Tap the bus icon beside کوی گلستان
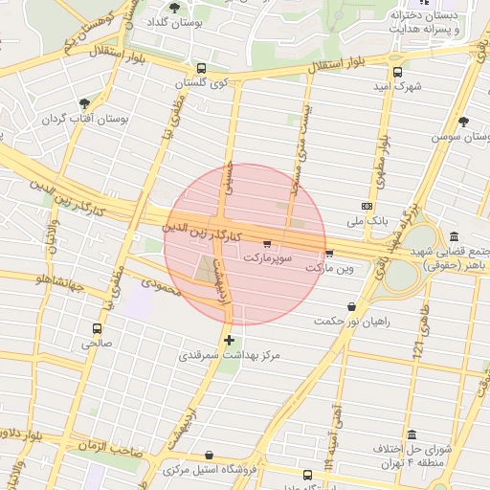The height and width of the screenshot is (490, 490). (201, 69)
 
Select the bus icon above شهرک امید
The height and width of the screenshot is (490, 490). (397, 71)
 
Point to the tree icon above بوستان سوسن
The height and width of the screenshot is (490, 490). (464, 122)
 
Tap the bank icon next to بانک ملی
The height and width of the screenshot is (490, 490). (367, 206)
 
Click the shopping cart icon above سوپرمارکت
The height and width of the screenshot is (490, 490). (266, 243)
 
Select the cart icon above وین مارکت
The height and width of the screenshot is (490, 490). (329, 253)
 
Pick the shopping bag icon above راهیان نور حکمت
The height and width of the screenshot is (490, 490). (352, 306)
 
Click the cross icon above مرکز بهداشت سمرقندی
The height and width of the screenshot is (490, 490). (229, 340)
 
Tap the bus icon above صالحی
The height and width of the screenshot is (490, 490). (96, 326)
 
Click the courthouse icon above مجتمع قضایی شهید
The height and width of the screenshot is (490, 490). (453, 236)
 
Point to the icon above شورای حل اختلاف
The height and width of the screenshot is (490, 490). (412, 434)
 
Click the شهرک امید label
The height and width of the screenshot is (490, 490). (397, 86)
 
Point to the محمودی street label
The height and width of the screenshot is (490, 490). (161, 285)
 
